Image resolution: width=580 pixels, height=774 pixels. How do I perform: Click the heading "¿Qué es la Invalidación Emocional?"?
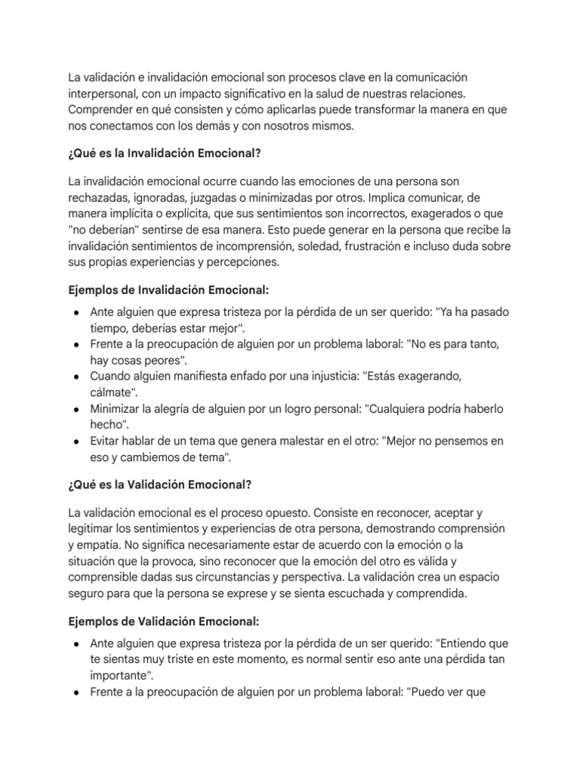coord(164,153)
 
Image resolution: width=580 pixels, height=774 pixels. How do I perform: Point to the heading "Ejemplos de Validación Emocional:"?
coord(163,621)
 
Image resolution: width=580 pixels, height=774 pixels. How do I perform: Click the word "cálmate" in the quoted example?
coord(113,392)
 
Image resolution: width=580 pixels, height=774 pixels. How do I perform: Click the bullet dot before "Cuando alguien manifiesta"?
coord(76,376)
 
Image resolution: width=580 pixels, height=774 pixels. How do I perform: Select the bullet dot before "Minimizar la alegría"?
coord(76,408)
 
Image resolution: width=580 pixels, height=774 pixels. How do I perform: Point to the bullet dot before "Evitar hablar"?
coord(76,441)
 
